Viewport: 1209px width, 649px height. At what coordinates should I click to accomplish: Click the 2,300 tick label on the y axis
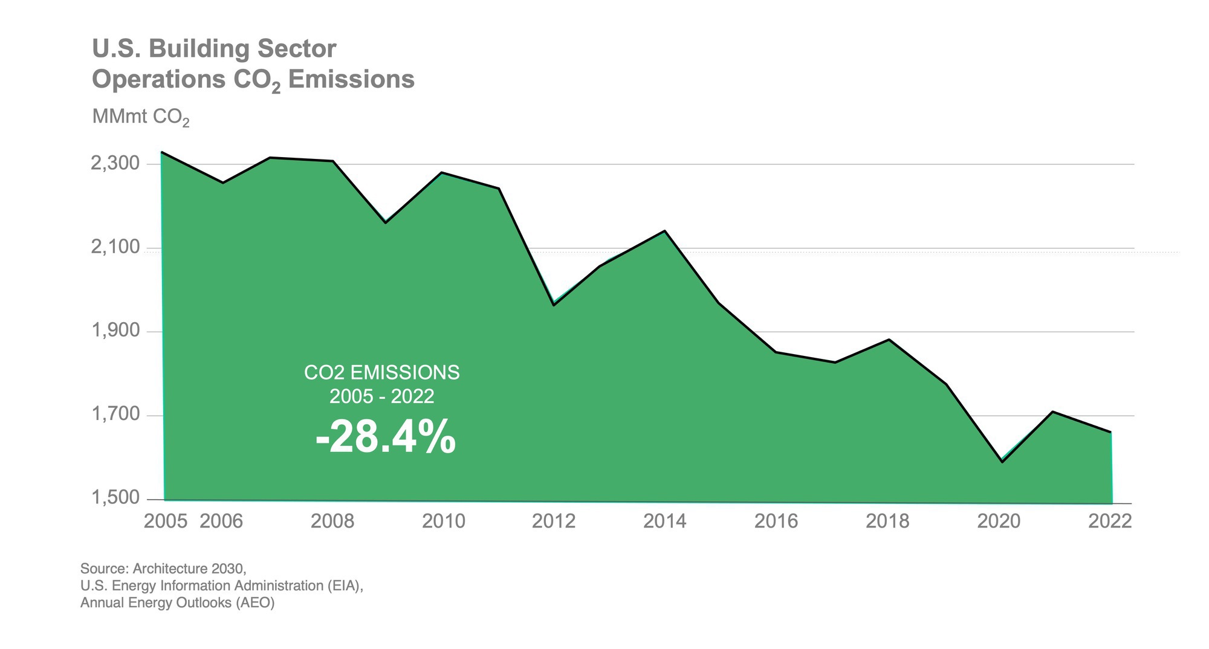tap(115, 164)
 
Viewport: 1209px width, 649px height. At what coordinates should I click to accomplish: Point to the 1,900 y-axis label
tap(115, 331)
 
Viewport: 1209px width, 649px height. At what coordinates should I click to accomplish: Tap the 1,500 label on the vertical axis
tap(115, 499)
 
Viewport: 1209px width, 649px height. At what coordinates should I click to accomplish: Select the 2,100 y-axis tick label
tap(115, 248)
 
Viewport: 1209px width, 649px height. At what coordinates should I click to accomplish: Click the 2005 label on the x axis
tap(165, 521)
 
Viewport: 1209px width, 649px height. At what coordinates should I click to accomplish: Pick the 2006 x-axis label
tap(221, 521)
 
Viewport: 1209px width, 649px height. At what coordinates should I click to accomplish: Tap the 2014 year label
tap(664, 521)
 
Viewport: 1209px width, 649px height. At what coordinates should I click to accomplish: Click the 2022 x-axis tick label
tap(1109, 521)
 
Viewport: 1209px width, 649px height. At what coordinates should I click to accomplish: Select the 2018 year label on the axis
tap(887, 521)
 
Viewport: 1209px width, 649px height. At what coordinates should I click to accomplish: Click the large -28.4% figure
tap(385, 437)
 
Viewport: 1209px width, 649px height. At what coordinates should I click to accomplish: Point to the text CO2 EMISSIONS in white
tap(381, 373)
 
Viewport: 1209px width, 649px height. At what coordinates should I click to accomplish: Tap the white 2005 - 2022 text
tap(381, 397)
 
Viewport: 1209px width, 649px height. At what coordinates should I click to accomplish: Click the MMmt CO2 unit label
tap(140, 117)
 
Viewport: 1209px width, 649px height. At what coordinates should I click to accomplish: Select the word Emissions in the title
tap(351, 80)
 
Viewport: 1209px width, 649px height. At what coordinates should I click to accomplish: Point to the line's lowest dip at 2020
tap(1002, 462)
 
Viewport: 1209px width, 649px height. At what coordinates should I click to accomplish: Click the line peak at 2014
tap(665, 231)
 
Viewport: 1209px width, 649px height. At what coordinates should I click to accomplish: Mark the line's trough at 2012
tap(553, 305)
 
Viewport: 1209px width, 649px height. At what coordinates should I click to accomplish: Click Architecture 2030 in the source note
tap(189, 569)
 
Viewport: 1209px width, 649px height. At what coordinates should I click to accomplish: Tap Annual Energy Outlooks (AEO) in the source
tap(177, 603)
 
